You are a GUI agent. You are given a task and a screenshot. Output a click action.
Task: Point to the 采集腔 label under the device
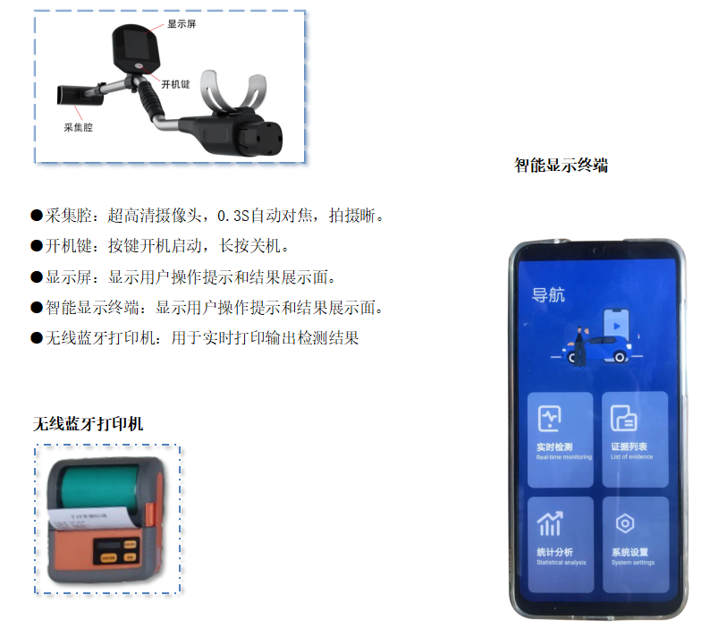coord(78,127)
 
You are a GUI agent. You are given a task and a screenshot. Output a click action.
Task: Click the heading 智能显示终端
coord(561,166)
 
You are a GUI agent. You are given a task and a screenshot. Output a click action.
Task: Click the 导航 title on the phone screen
coord(549,296)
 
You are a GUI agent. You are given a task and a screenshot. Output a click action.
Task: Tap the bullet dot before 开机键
coord(37,246)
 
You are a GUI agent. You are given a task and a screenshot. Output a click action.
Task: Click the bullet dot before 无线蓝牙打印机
coord(37,338)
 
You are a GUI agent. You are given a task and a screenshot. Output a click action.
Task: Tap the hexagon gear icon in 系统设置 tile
coord(624,523)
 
